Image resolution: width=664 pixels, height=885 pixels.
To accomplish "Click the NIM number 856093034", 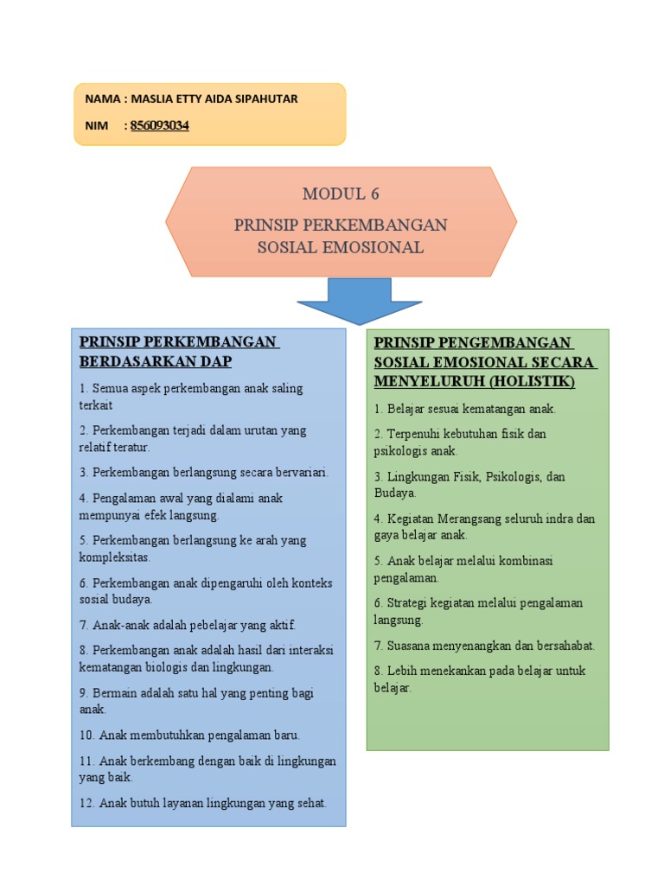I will pos(160,126).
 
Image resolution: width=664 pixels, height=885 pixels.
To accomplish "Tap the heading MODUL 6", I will pos(341,194).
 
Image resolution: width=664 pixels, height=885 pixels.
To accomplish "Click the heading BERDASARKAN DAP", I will pos(156,361).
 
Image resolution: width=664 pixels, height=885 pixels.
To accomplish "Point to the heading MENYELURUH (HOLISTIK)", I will pos(475,380).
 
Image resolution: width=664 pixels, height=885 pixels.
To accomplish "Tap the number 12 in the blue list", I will pos(86,803).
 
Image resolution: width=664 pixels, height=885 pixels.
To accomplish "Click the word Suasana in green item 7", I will pos(410,646).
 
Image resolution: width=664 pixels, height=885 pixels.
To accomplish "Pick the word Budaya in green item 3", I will pos(393,493).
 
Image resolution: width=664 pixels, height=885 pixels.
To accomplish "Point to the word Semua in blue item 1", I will pos(109,389).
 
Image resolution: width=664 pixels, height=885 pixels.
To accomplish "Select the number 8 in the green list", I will pos(378,671).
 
